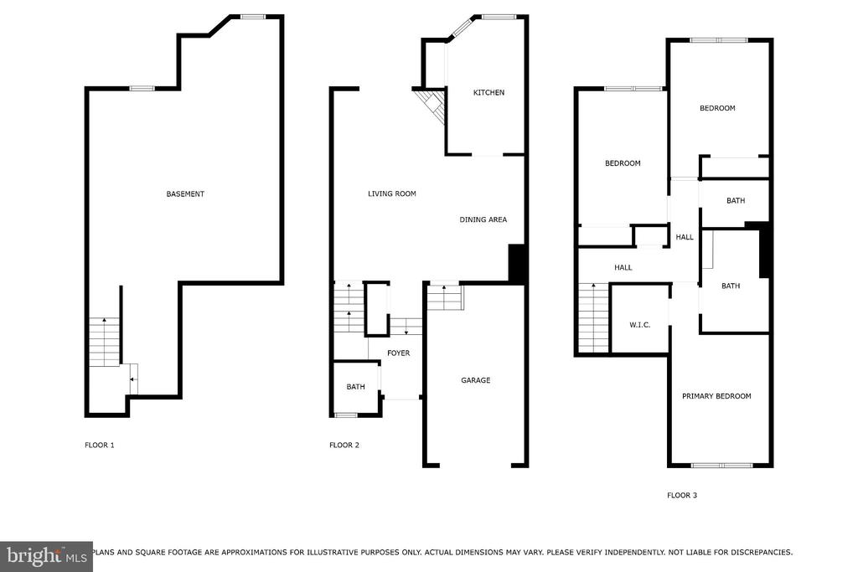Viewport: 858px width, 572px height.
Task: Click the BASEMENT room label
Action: coord(185,194)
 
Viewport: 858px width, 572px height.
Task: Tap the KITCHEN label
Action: coord(488,93)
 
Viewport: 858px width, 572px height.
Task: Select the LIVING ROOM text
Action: coord(392,194)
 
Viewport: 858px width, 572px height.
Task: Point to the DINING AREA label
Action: coord(483,220)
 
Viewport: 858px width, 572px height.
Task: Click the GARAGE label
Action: coord(475,380)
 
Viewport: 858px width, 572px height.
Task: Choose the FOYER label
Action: coord(399,353)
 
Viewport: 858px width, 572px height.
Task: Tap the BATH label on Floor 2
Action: coord(356,387)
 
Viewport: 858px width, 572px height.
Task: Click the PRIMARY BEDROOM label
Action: coord(716,396)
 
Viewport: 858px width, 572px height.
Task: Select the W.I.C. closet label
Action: coord(639,325)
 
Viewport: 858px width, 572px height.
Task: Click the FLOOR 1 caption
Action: coord(99,445)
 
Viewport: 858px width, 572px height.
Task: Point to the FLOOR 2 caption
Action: coord(344,445)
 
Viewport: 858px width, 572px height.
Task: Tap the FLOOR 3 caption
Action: coord(682,496)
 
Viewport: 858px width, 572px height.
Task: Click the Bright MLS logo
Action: coord(45,556)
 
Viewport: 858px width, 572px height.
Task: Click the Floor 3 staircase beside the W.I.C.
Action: coord(592,318)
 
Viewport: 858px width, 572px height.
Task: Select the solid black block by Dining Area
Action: coord(517,262)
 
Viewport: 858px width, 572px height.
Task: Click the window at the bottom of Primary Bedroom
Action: coord(721,465)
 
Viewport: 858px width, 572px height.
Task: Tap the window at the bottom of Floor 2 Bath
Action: coord(345,415)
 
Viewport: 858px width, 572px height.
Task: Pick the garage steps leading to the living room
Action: coord(445,297)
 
